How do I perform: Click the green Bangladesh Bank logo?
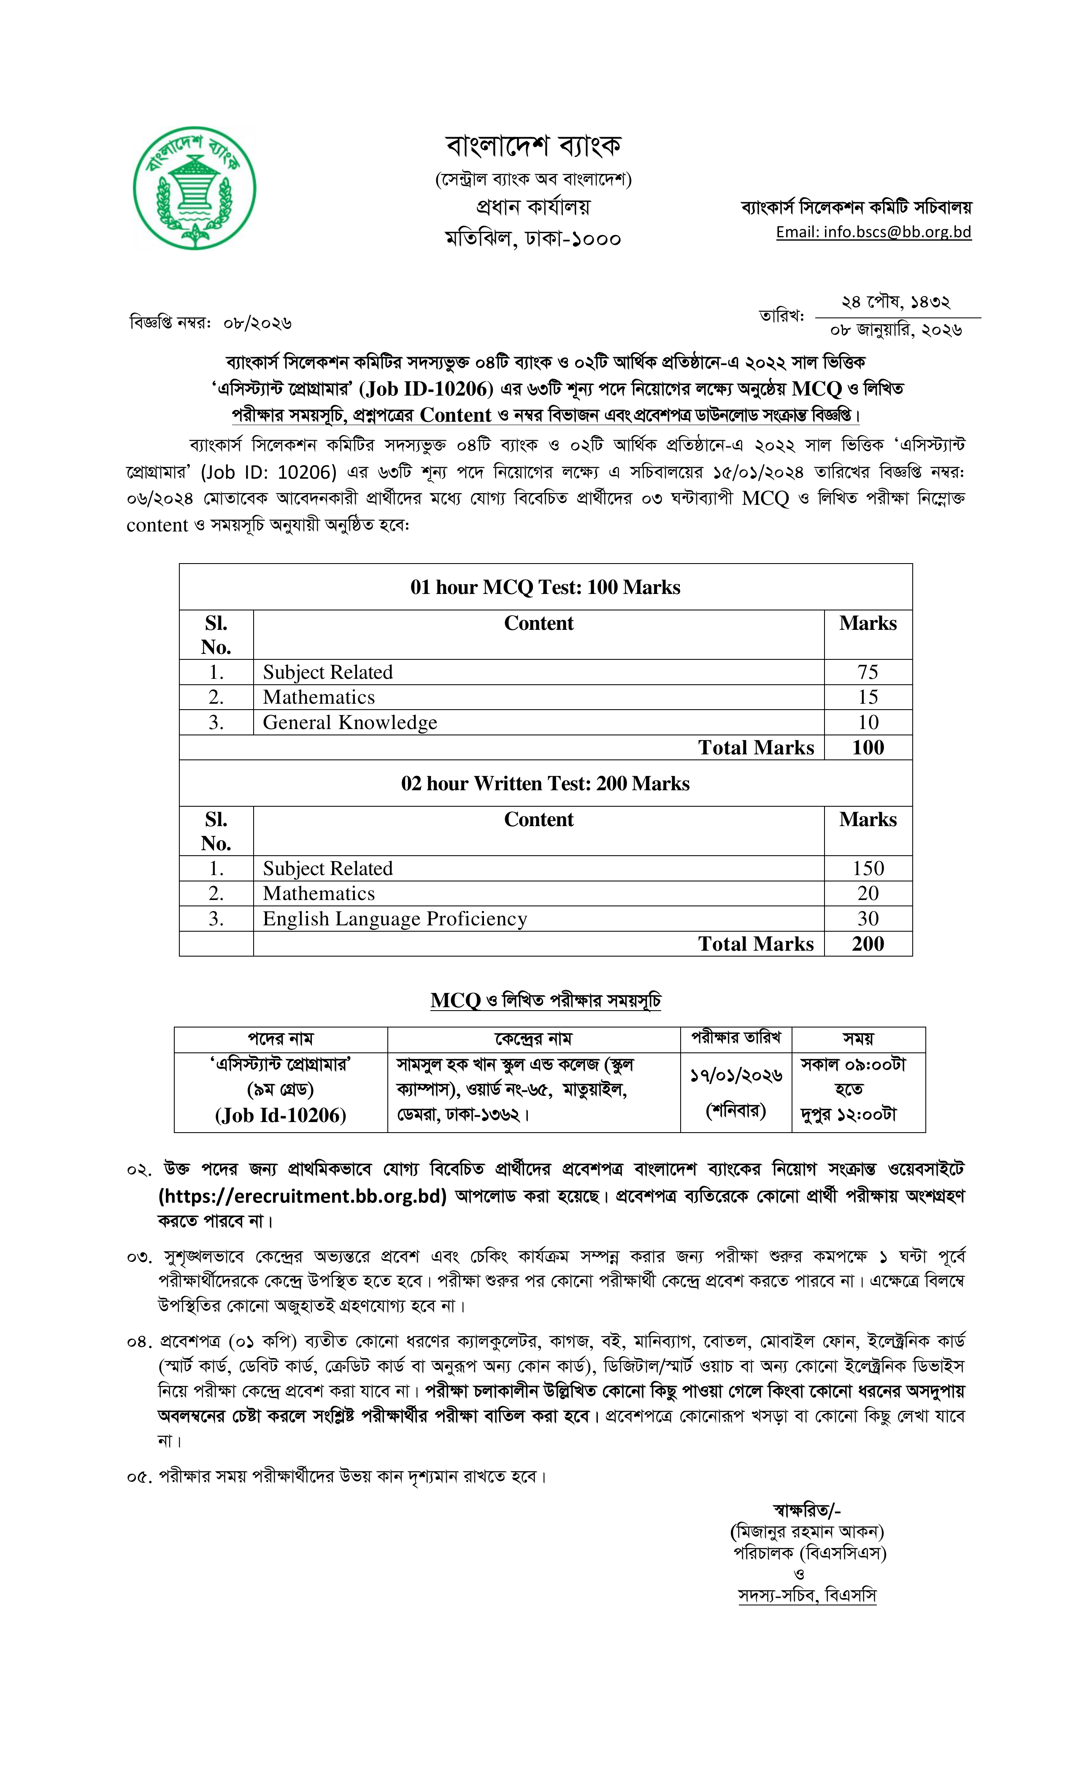point(194,189)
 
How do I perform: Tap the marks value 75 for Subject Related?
point(868,672)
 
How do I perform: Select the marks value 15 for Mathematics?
point(868,697)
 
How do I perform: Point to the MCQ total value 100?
point(868,748)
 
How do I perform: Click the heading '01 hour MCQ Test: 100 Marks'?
point(545,587)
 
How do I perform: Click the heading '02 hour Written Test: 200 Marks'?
point(545,783)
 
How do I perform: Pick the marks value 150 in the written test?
point(868,868)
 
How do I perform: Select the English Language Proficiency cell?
point(395,919)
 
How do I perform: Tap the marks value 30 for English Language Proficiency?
point(868,919)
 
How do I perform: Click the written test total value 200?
point(868,944)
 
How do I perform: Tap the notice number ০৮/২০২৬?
point(257,323)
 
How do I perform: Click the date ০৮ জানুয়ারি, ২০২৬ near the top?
point(895,330)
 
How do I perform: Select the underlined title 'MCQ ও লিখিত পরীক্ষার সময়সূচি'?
point(545,1001)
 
